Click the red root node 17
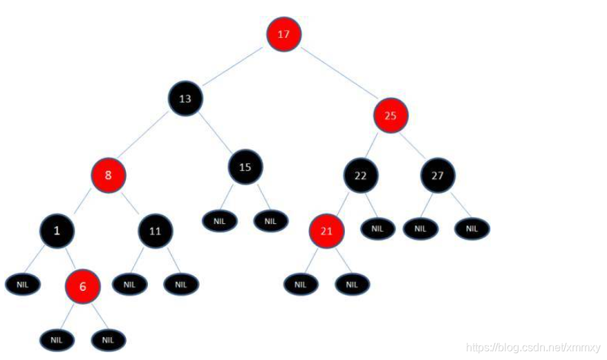tap(284, 33)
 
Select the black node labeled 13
tap(185, 98)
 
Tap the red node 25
tap(391, 115)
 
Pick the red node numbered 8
tap(108, 175)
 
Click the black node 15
tap(245, 167)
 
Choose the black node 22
tap(361, 175)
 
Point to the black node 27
tap(438, 175)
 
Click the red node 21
tap(327, 231)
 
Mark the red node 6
tap(83, 285)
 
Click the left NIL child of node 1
tap(23, 283)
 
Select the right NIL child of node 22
tap(377, 228)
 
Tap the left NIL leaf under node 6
tap(56, 339)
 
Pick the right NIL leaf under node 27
tap(472, 228)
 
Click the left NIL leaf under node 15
tap(220, 221)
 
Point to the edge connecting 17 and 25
tap(338, 75)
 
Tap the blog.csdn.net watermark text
tap(532, 346)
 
